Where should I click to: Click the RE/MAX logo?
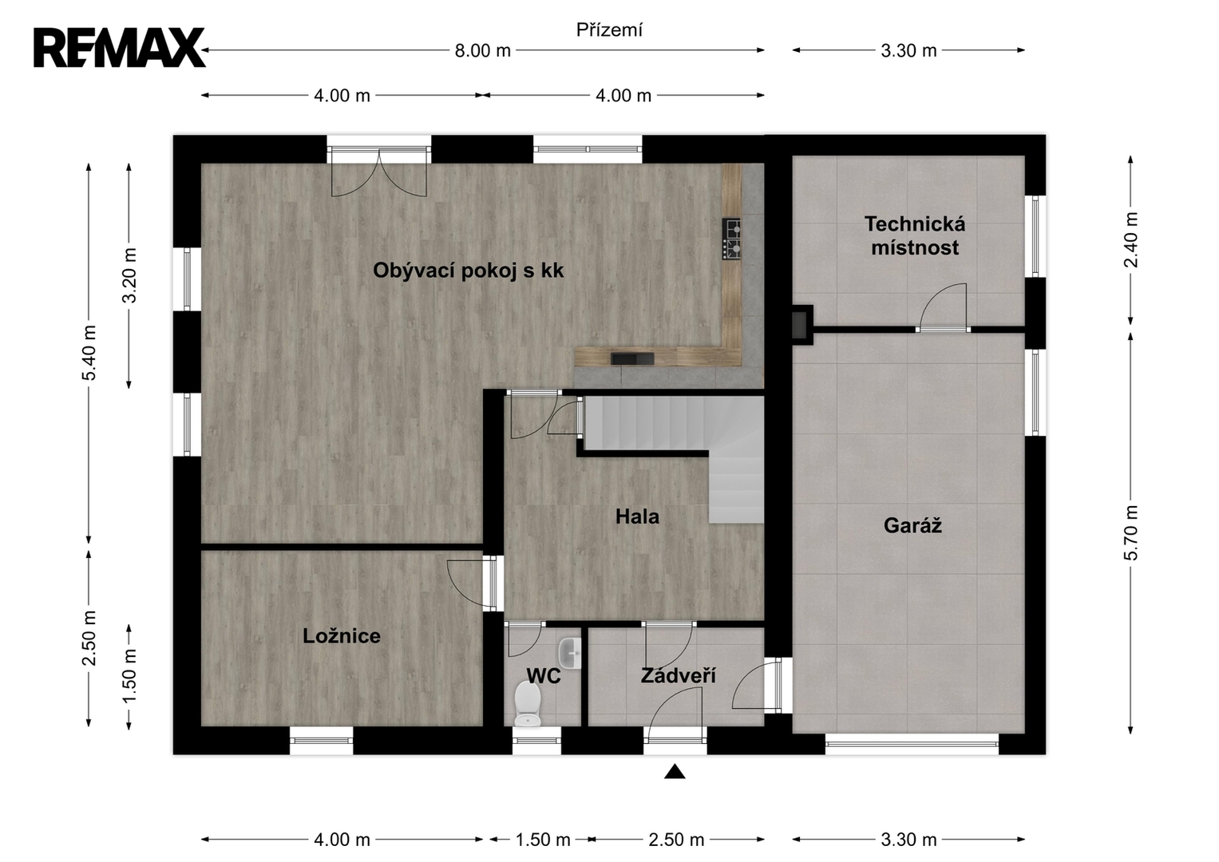click(x=119, y=48)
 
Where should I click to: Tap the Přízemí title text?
click(x=609, y=30)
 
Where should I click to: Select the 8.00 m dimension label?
click(x=483, y=50)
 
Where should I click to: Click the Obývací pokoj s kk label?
click(x=468, y=271)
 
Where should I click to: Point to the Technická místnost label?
click(x=915, y=235)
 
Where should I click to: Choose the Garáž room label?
click(x=912, y=525)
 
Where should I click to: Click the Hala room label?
click(x=637, y=516)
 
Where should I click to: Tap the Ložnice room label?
click(x=341, y=635)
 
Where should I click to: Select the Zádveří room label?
click(x=678, y=675)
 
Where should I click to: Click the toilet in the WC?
click(x=528, y=704)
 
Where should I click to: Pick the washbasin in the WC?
click(x=570, y=653)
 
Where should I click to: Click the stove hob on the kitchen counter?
click(x=732, y=239)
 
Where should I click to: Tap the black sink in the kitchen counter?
click(x=632, y=358)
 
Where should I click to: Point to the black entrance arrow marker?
click(x=675, y=772)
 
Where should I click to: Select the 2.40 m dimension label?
click(x=1130, y=239)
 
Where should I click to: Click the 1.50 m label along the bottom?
click(x=543, y=840)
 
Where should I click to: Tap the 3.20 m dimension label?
click(x=129, y=275)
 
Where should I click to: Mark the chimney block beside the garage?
click(x=801, y=324)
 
